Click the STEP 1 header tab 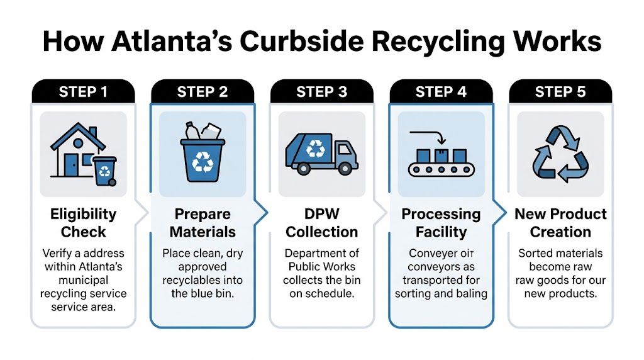[83, 92]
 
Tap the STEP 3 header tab [321, 92]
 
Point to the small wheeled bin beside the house [104, 170]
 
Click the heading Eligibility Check [83, 222]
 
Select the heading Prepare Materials [203, 222]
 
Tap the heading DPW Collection [321, 222]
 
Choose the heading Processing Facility [441, 222]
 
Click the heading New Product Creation [560, 222]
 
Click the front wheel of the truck [345, 169]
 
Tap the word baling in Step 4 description [472, 293]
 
